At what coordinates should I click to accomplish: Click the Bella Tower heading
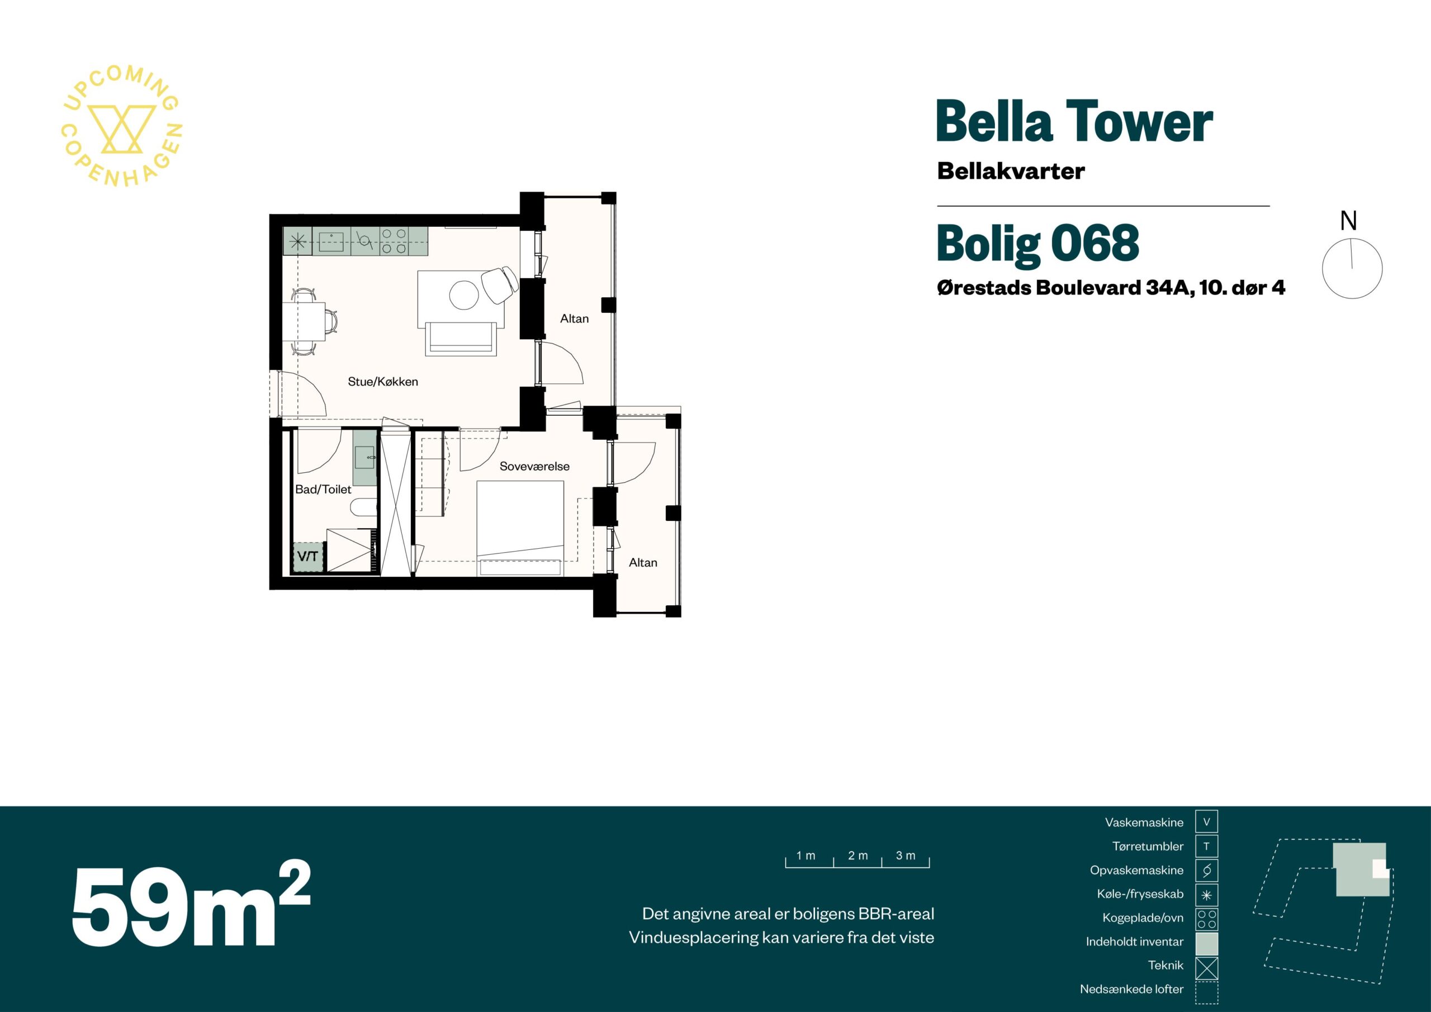coord(1074,122)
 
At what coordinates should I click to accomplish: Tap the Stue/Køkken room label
coord(383,381)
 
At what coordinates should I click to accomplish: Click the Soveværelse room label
coord(534,466)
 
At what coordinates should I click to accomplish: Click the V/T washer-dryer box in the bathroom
coord(308,557)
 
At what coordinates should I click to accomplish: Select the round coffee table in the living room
coord(465,296)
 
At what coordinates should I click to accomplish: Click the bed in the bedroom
coord(520,529)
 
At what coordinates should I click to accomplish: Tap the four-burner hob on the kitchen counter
coord(394,241)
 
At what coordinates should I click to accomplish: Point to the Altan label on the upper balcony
coord(574,319)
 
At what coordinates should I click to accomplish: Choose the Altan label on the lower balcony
coord(643,563)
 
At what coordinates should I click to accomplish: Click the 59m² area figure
coord(191,905)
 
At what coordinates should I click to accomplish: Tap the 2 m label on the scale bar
coord(857,856)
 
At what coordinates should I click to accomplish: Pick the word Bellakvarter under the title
coord(1011,172)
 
